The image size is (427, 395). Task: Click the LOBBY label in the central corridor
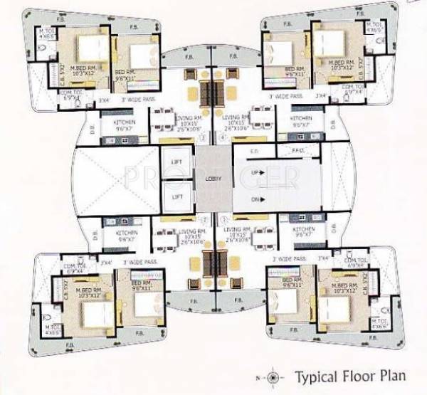(214, 179)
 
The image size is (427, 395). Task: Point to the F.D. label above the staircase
(254, 152)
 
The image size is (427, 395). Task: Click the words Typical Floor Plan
(341, 374)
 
